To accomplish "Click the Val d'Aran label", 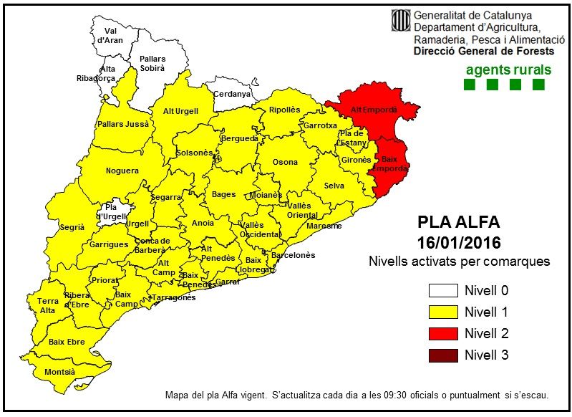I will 110,35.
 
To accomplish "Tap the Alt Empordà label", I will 369,109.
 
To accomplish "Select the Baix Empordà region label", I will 389,163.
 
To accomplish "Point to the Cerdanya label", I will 233,94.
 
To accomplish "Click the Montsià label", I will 59,372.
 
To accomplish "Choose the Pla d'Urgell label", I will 111,211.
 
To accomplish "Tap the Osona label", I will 285,162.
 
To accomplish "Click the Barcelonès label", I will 294,255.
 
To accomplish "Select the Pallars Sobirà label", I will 152,63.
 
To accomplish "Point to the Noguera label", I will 122,171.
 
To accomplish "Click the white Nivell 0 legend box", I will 442,291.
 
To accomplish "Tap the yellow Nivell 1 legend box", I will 442,312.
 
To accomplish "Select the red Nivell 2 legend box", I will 442,333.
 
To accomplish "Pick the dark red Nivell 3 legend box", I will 442,354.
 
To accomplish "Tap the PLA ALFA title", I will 458,221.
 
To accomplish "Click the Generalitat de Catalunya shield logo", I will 399,21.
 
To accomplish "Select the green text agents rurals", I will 508,69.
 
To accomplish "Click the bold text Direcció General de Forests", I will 484,52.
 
